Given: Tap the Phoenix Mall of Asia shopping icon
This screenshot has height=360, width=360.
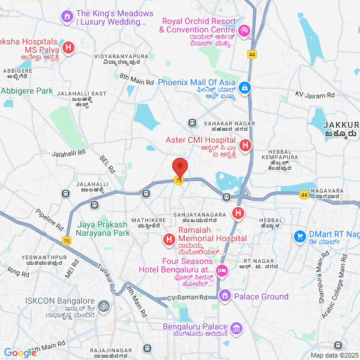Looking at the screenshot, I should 244,89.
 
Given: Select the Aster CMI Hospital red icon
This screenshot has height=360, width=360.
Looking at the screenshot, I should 245,145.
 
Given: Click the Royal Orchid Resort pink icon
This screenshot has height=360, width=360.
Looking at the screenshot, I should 244,29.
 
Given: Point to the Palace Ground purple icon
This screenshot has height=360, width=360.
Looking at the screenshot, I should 224,296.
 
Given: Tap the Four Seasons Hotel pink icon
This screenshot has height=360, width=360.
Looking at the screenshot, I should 221,271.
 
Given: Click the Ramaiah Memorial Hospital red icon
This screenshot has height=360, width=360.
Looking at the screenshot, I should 169,242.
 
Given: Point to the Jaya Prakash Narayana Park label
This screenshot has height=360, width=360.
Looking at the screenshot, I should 103,229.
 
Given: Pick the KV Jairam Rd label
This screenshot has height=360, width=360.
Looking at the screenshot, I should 314,95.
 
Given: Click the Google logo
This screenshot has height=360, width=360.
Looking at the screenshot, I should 20,353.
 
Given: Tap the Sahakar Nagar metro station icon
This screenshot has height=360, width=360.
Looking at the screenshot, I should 192,123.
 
